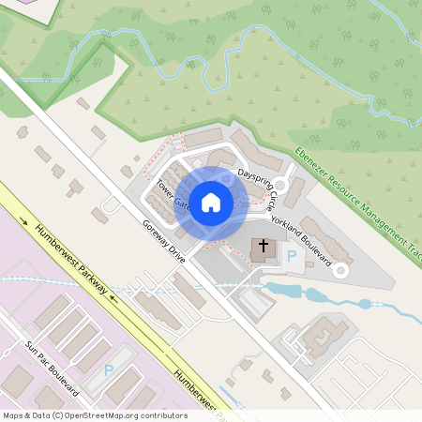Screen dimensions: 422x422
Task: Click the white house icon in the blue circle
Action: point(211,202)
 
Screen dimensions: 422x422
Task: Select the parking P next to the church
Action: point(291,255)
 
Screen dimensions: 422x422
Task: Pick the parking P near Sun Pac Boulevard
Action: point(109,369)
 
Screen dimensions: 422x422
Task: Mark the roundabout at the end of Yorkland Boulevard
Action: point(340,270)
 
